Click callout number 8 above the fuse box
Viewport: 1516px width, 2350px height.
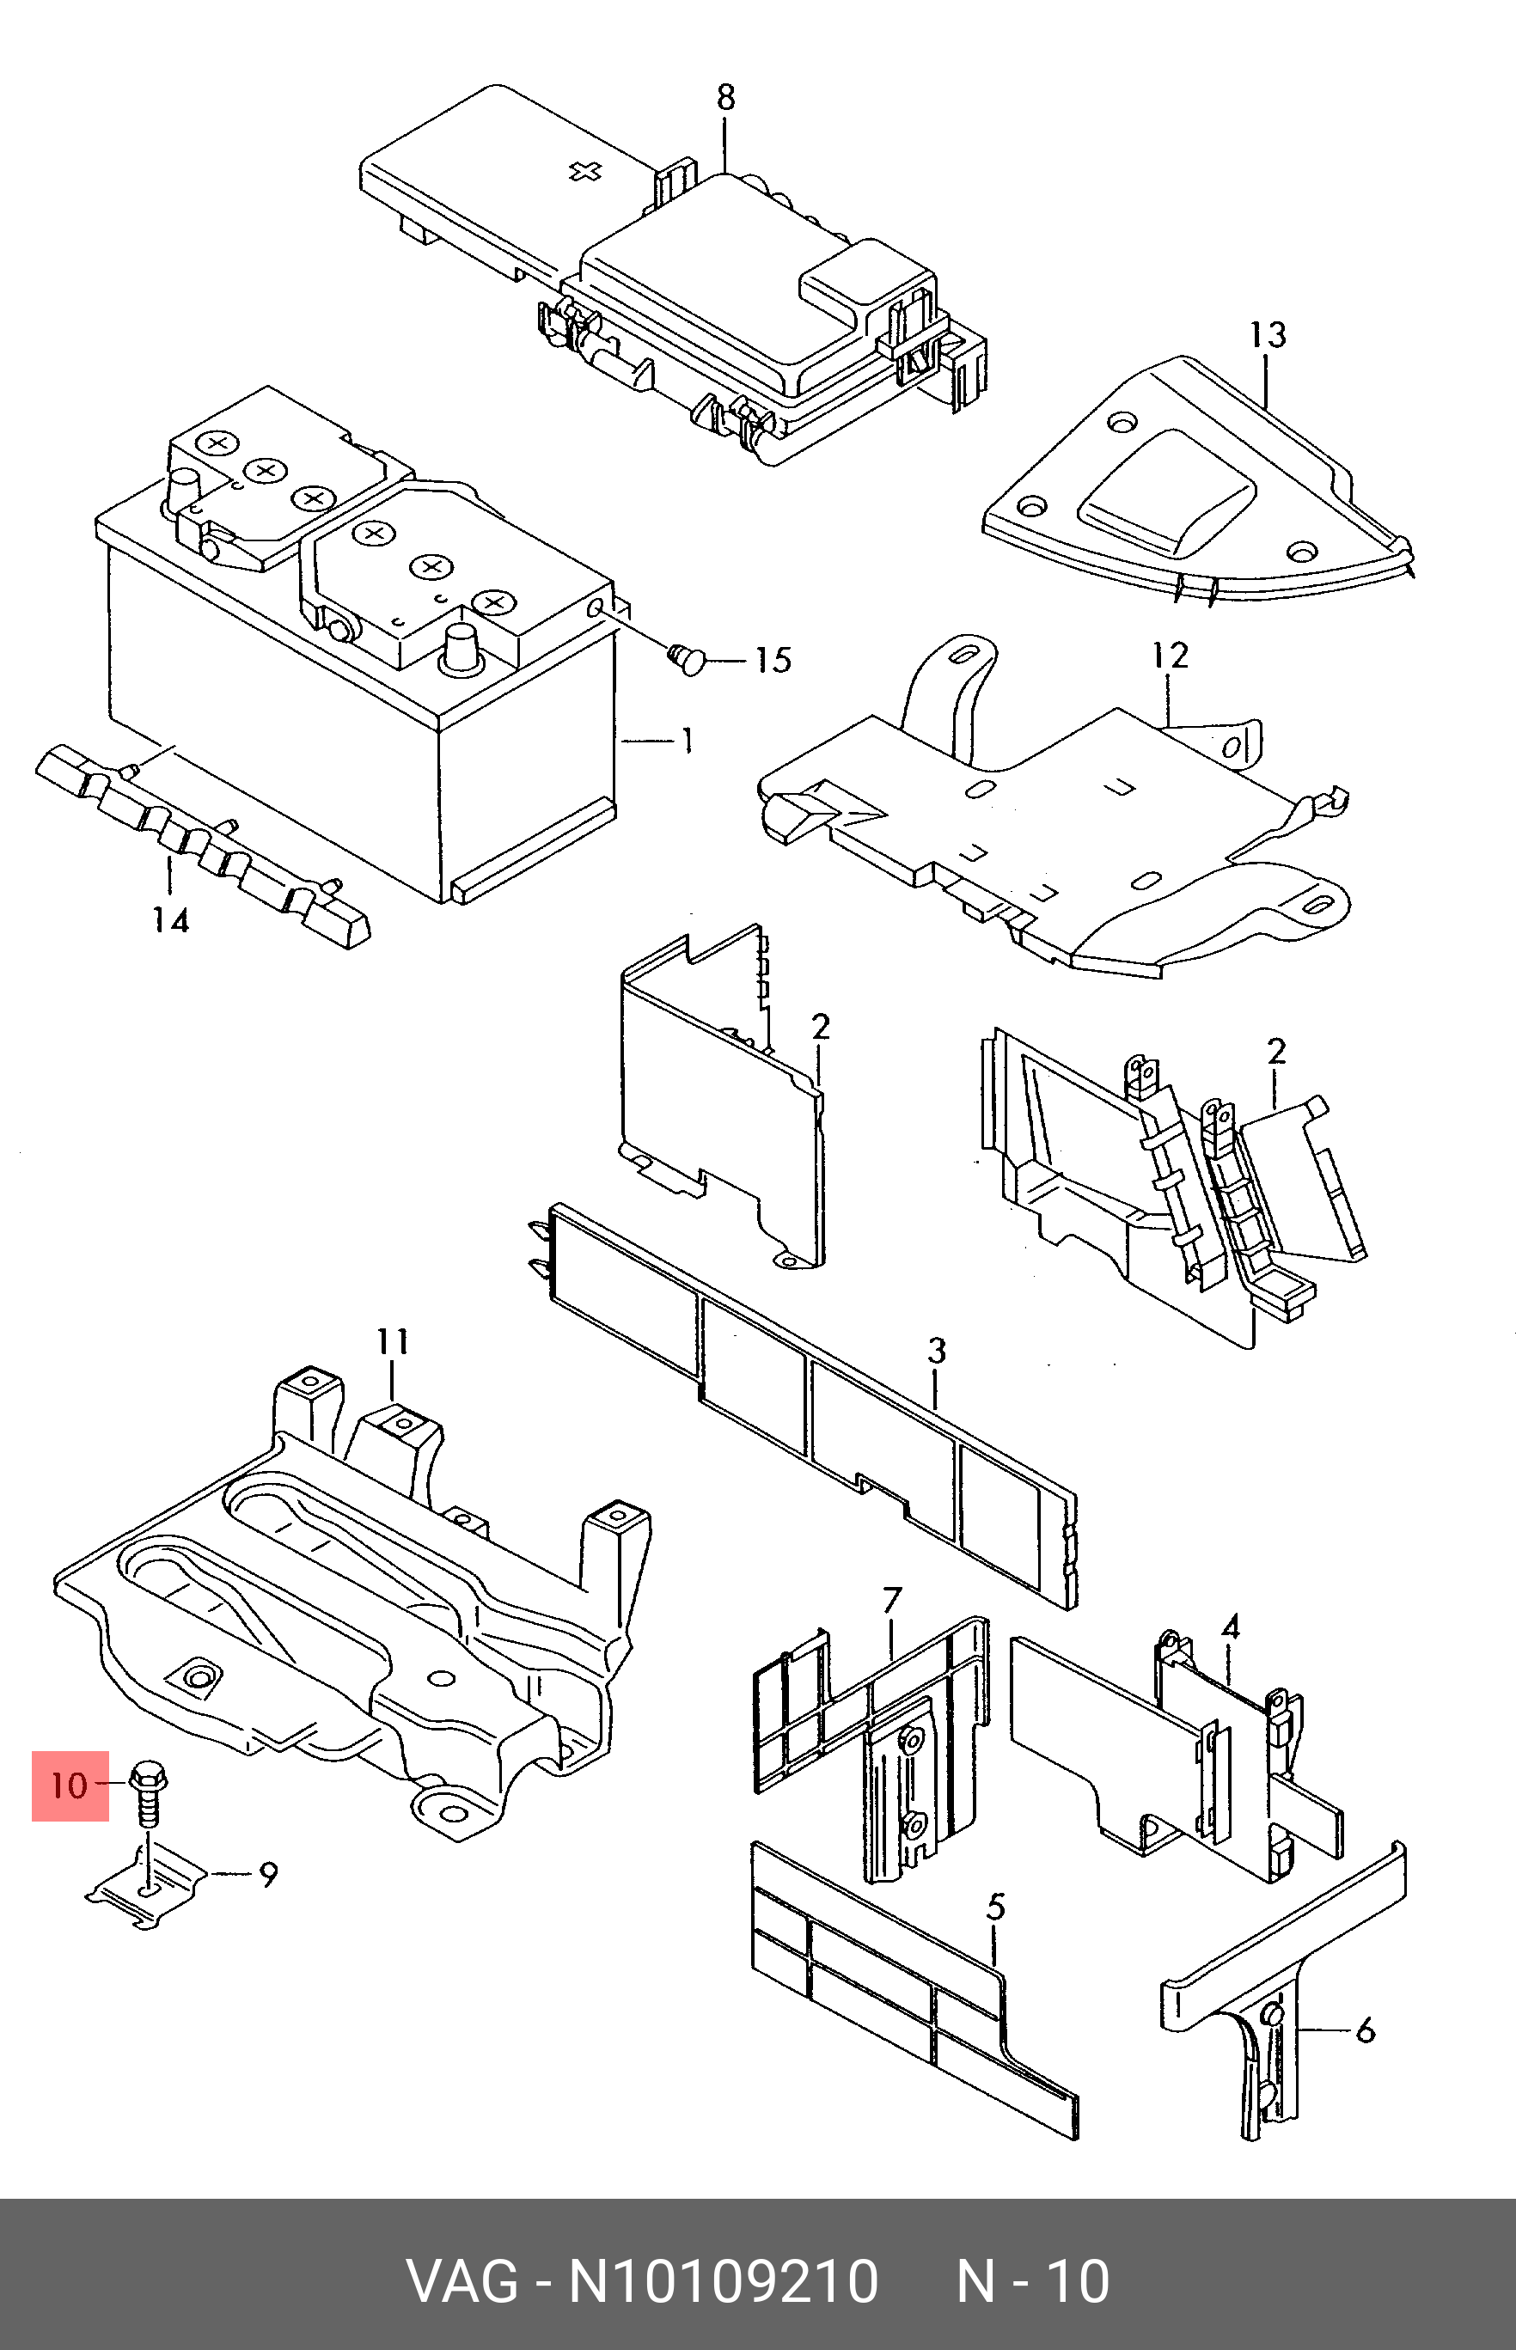coord(725,97)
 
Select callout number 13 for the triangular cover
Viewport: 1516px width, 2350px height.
coord(1268,336)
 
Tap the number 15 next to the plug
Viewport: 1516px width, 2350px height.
coord(773,661)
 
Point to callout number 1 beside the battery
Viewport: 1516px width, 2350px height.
coord(688,740)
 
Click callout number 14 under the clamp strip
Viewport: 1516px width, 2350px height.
coord(169,920)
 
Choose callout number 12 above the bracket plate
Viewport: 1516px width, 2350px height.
coord(1171,656)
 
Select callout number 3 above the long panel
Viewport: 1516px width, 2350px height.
coord(935,1350)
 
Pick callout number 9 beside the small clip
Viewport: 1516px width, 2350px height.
coord(268,1875)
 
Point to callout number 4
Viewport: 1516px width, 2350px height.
coord(1231,1627)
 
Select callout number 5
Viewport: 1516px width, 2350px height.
coord(995,1907)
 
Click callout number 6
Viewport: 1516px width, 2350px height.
coord(1365,2030)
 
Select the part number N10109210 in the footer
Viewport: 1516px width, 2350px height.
coord(723,2282)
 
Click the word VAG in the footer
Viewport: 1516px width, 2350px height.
coord(462,2282)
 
